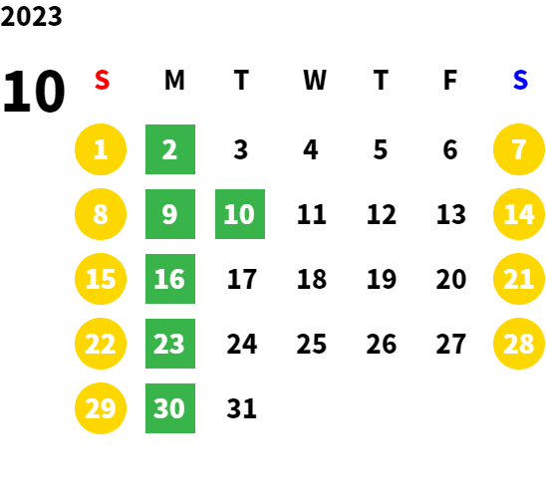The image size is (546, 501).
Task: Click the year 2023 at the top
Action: (x=31, y=16)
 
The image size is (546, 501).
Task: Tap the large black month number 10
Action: (x=34, y=92)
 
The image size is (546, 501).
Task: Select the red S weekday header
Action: (x=102, y=80)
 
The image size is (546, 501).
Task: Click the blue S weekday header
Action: (x=520, y=80)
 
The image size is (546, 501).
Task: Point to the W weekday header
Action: (x=315, y=80)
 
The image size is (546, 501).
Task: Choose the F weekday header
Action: (x=450, y=80)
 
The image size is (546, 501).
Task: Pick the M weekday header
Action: (x=174, y=80)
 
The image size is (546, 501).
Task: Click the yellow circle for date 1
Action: (x=101, y=149)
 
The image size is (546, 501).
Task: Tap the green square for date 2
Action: (x=170, y=149)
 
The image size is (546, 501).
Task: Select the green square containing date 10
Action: (x=240, y=214)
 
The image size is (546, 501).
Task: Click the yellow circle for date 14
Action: (x=519, y=214)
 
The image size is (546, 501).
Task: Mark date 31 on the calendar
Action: (x=242, y=408)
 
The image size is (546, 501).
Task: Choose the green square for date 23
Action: (x=170, y=344)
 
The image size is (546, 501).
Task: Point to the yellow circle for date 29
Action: (x=101, y=408)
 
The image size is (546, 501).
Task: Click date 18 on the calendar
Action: (x=312, y=279)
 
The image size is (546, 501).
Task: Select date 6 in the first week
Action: (x=450, y=149)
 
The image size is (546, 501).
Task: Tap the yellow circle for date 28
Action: (x=519, y=344)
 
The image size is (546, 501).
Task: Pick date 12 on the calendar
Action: (x=382, y=214)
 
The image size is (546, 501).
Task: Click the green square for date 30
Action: (x=170, y=408)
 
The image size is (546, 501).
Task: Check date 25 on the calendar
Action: (x=312, y=344)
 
